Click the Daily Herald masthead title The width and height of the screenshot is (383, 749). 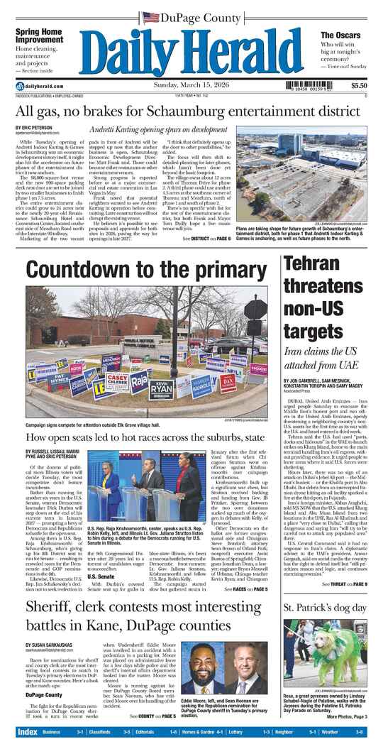pos(191,51)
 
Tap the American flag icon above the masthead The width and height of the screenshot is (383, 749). pos(150,16)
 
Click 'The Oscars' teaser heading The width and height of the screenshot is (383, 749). pos(338,35)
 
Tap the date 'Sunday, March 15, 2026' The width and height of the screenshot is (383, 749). pos(191,86)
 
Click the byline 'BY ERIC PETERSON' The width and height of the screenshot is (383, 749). pos(32,128)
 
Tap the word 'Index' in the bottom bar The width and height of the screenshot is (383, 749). pos(28,731)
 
